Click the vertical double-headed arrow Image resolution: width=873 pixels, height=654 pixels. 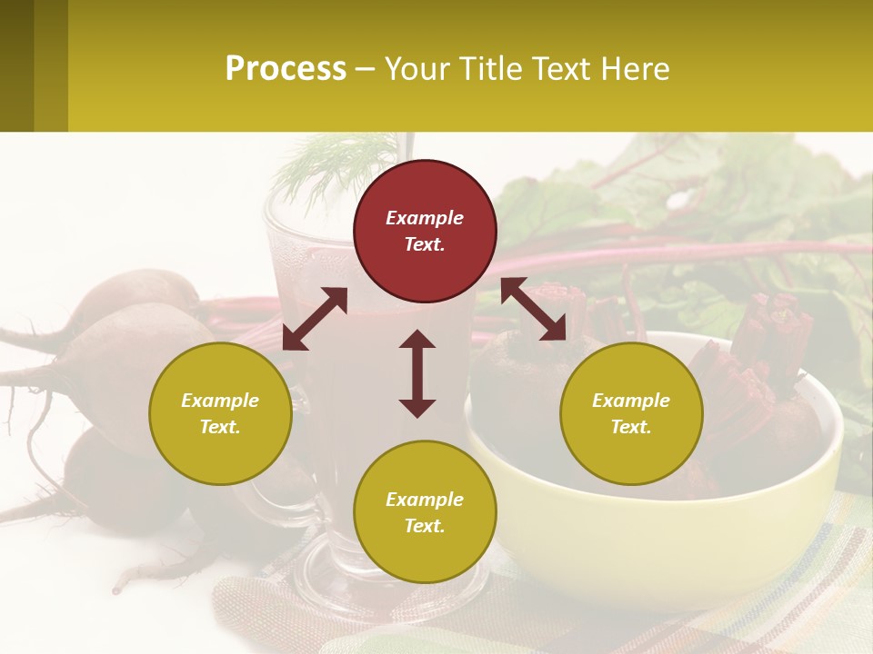[x=417, y=373]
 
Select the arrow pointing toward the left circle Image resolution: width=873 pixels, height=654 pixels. [x=315, y=319]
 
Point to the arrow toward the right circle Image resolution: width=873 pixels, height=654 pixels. [x=533, y=309]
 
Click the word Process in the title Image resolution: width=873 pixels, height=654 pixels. [x=286, y=68]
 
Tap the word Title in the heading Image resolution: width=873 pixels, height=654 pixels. [x=487, y=68]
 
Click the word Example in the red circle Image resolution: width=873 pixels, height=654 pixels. [x=425, y=218]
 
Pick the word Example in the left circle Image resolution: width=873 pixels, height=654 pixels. [x=220, y=401]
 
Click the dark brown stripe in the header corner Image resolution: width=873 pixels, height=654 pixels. [x=16, y=65]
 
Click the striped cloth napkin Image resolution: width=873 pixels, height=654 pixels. [x=800, y=590]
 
